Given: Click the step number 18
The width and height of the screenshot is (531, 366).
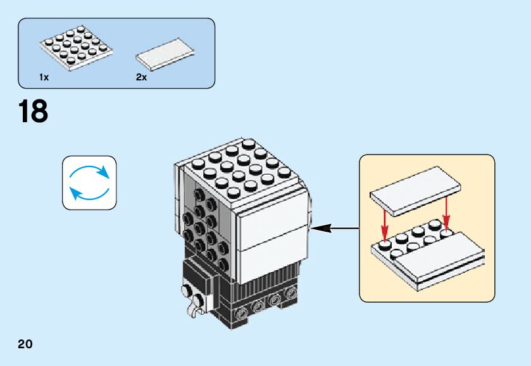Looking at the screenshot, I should point(34,111).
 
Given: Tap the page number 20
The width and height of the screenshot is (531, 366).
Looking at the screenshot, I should point(25,344).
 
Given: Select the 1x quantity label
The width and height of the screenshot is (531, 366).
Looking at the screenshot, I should point(44,77).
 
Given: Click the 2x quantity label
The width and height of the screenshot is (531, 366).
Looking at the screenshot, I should point(141,77).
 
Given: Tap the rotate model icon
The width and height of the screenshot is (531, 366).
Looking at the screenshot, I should point(89,183).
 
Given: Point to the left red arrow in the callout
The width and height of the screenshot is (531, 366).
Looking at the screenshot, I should point(384,220).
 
